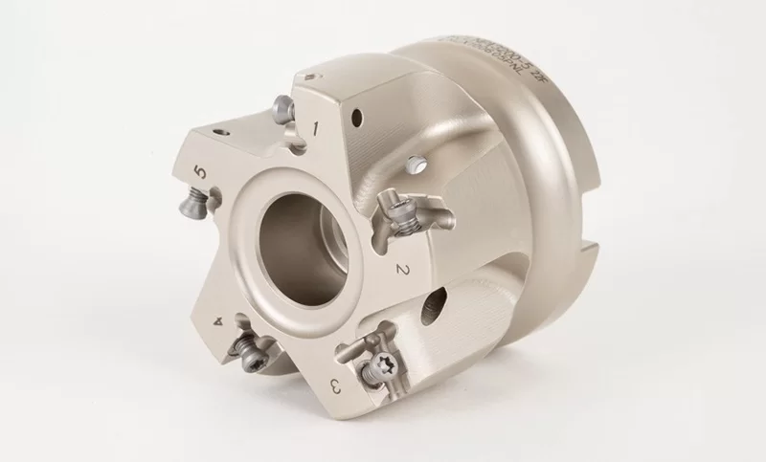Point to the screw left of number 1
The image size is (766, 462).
[x=282, y=108]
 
